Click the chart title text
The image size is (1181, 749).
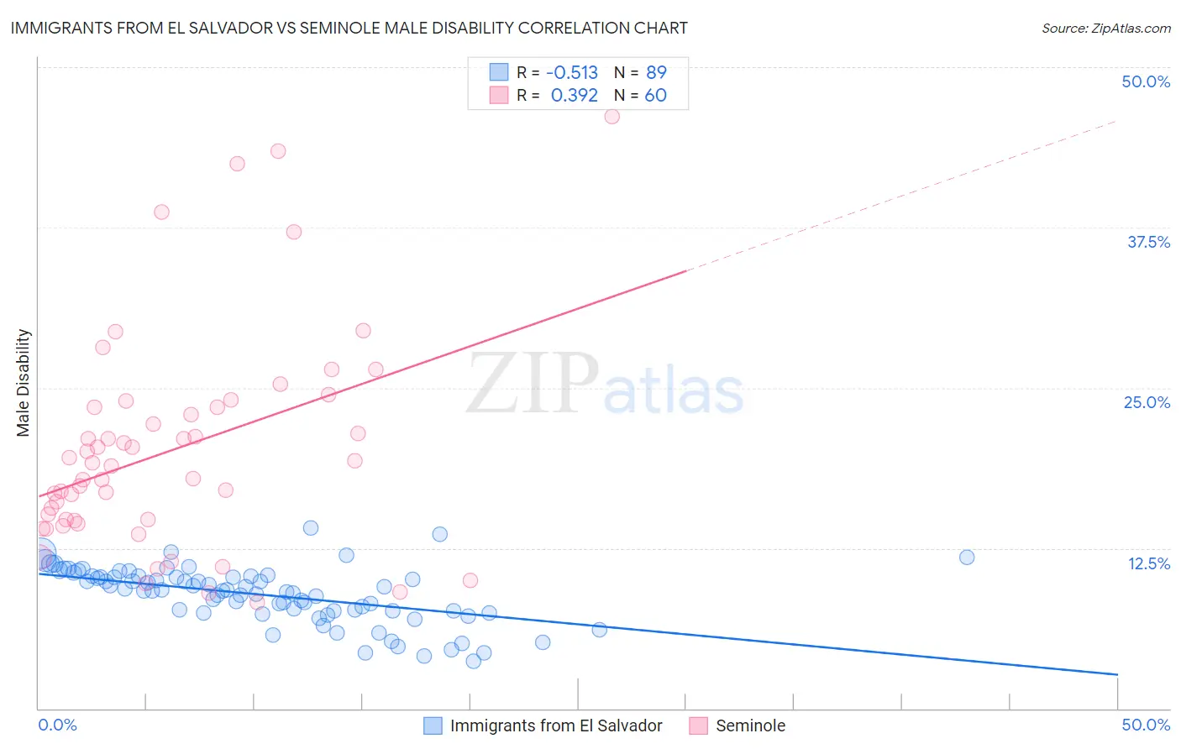[349, 29]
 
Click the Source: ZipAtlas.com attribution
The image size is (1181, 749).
[1105, 29]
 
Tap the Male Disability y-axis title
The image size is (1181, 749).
[24, 382]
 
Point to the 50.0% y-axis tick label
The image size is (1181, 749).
[1146, 81]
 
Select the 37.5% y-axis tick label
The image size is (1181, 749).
[1148, 242]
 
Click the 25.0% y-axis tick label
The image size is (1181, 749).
[1147, 402]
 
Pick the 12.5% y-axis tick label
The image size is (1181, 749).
[1148, 563]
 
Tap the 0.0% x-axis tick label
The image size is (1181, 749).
[57, 725]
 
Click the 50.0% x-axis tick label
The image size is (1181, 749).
[1146, 725]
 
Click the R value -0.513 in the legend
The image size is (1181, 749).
[572, 72]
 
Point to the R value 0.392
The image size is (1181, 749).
[575, 96]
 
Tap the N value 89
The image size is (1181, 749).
[656, 72]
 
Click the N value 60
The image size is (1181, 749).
[655, 96]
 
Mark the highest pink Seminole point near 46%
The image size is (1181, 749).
[611, 117]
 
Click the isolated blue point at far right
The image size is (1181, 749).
[967, 558]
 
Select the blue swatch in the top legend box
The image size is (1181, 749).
[499, 72]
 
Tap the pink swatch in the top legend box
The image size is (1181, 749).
[499, 96]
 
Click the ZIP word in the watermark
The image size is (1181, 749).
[533, 384]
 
